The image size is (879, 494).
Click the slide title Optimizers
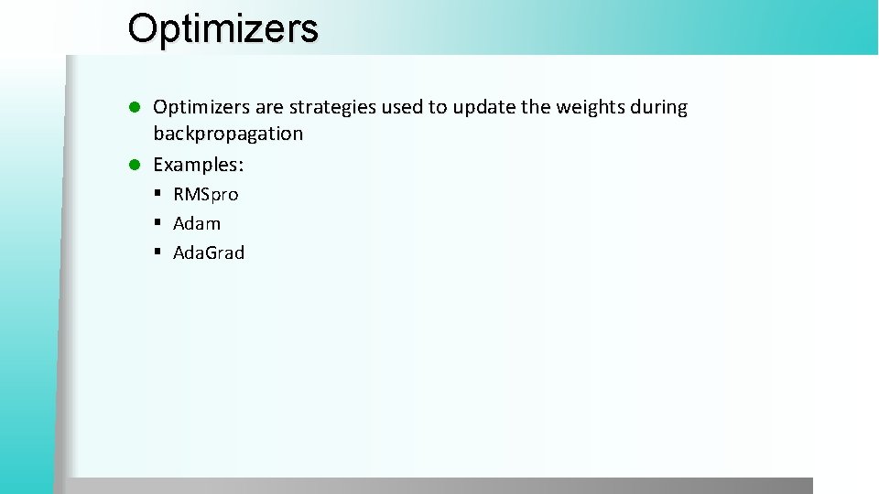point(222,28)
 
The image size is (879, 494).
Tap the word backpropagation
point(228,134)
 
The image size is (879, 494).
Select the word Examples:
point(198,165)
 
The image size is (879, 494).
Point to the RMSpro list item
point(205,194)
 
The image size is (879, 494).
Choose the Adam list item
point(197,223)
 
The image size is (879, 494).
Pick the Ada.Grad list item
point(209,252)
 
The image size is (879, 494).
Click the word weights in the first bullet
point(587,107)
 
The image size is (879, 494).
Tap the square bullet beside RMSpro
point(158,194)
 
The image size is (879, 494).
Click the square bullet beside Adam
point(158,223)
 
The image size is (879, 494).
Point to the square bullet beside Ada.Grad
point(158,252)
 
